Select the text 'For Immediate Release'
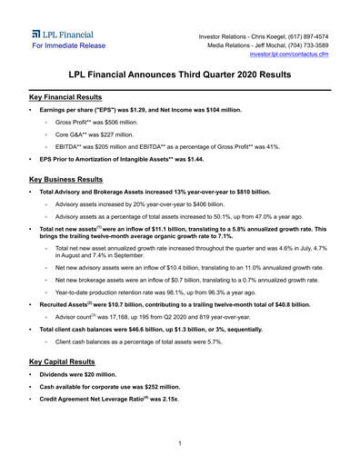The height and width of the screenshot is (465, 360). [68, 45]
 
